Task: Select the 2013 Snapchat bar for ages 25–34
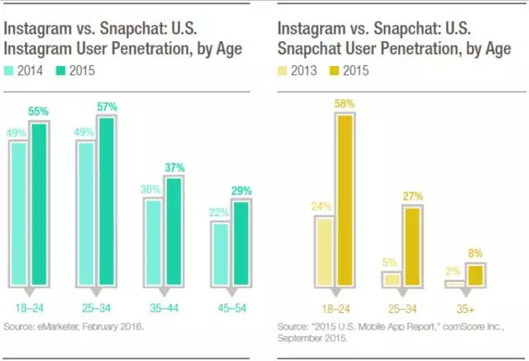391,280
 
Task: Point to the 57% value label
107,107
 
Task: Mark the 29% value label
241,191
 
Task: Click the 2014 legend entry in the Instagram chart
31,71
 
